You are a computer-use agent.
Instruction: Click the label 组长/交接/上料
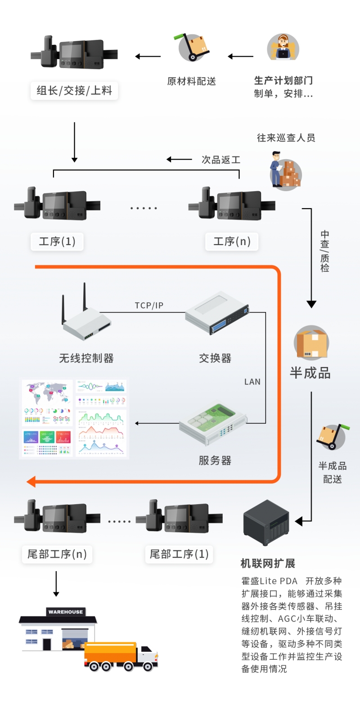(x=74, y=90)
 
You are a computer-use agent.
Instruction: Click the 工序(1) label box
(x=57, y=242)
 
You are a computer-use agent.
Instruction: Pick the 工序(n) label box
(x=232, y=242)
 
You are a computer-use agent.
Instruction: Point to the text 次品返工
(x=220, y=160)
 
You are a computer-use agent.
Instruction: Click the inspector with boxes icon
(x=285, y=173)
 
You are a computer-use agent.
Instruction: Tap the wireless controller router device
(x=85, y=315)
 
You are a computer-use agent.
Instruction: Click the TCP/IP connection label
(x=149, y=305)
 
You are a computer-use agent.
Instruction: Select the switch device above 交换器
(x=217, y=313)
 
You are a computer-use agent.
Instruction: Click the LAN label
(x=252, y=382)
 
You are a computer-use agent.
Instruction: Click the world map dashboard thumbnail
(x=47, y=393)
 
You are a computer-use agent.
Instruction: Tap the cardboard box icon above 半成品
(x=311, y=343)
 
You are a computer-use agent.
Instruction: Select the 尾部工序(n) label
(x=57, y=554)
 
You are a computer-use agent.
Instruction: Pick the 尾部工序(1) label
(x=179, y=554)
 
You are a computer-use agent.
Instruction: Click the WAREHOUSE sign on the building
(x=66, y=612)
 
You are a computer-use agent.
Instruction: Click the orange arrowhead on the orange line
(x=31, y=482)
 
